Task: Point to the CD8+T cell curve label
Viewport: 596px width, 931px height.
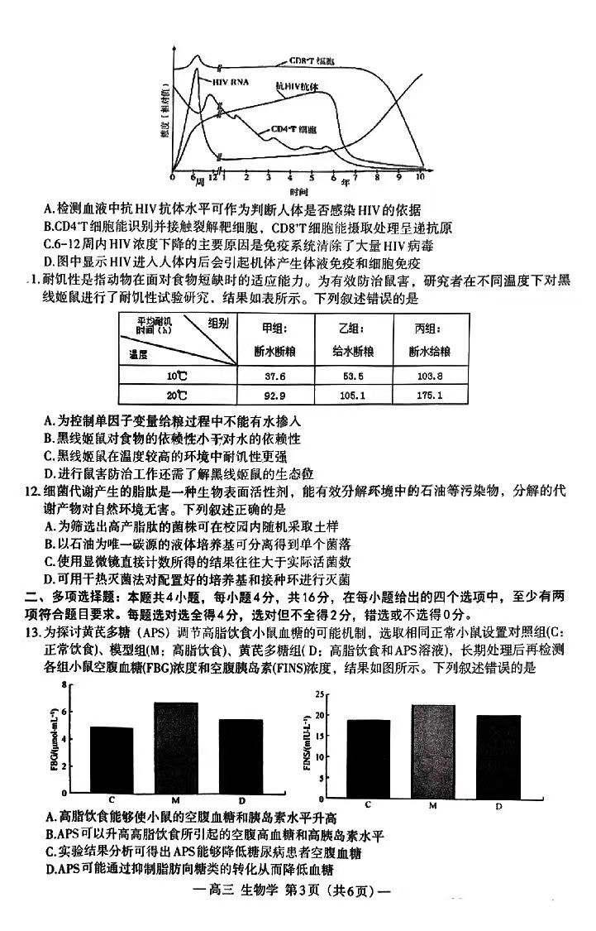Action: pyautogui.click(x=312, y=62)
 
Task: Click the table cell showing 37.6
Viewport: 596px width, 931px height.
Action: pyautogui.click(x=269, y=375)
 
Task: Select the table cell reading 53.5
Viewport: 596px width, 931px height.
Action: pyautogui.click(x=348, y=375)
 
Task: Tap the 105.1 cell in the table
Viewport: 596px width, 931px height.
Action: pyautogui.click(x=348, y=396)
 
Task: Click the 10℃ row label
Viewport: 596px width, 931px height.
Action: pyautogui.click(x=176, y=375)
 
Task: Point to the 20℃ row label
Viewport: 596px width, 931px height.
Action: pyautogui.click(x=176, y=396)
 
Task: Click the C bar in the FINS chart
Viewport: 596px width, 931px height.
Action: pyautogui.click(x=368, y=756)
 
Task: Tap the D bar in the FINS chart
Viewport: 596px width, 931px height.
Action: pyautogui.click(x=498, y=753)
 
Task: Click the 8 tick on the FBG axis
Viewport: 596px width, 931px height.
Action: pyautogui.click(x=62, y=684)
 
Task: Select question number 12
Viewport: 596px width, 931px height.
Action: pyautogui.click(x=33, y=492)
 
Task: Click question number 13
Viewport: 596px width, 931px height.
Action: pyautogui.click(x=33, y=633)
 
